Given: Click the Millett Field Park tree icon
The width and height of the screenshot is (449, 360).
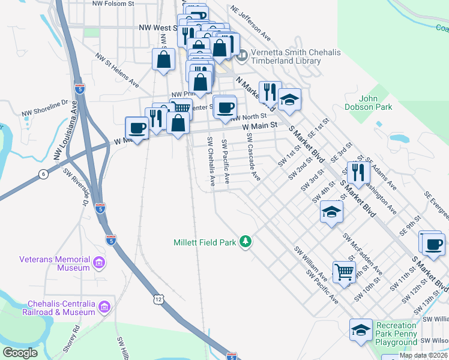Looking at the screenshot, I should point(245,242).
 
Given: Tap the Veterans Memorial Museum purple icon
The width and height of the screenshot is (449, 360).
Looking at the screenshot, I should point(99,263).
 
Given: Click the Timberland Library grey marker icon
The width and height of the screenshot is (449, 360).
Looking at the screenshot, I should point(242,58).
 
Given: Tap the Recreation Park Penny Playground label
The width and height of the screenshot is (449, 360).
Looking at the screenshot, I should point(396,334).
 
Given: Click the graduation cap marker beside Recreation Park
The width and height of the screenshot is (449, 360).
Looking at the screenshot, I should point(361,330).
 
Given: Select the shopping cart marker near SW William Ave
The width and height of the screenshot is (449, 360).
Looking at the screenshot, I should point(343,271).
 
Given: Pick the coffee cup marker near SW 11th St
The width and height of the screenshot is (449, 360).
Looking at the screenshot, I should point(432,244).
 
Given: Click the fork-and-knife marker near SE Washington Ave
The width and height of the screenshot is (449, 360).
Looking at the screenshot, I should point(358,172).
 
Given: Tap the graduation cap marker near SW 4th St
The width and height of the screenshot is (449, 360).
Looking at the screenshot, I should point(331,212).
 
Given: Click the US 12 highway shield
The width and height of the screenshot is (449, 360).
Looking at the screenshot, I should point(158,299).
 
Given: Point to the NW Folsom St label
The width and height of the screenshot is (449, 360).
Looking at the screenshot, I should point(113,4).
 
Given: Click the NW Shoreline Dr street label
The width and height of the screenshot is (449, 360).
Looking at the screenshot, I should point(46,107).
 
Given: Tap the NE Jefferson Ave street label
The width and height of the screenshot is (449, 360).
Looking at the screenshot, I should point(246,20).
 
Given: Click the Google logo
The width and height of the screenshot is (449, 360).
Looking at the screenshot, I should point(20,353).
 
